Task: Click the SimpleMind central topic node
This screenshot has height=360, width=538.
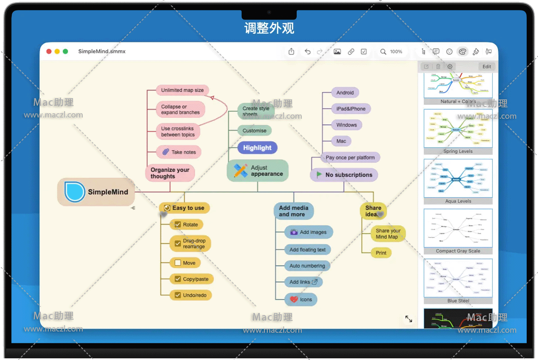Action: [96, 192]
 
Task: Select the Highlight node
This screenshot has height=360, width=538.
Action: [257, 148]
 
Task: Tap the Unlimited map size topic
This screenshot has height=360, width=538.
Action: [182, 90]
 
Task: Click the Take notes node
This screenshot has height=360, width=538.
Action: [179, 152]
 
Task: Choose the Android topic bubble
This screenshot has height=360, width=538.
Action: [345, 93]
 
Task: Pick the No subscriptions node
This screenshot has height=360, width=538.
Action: [344, 175]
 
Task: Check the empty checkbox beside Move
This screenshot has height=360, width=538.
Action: [178, 263]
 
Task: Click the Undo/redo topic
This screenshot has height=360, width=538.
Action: [191, 295]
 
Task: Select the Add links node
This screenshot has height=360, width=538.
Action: [303, 282]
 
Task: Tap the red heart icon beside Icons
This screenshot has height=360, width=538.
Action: [294, 300]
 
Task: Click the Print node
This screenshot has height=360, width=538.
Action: [381, 253]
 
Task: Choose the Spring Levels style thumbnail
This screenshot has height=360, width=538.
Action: [458, 128]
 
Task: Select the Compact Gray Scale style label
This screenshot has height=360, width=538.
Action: [458, 251]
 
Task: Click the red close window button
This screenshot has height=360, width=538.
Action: [49, 52]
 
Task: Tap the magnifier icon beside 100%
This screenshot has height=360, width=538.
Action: [383, 52]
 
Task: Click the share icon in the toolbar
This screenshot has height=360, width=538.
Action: [292, 52]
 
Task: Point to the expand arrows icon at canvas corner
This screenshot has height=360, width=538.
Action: [408, 319]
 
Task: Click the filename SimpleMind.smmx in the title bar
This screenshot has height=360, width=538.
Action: [102, 52]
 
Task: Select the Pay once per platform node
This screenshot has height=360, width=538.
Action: [350, 158]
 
